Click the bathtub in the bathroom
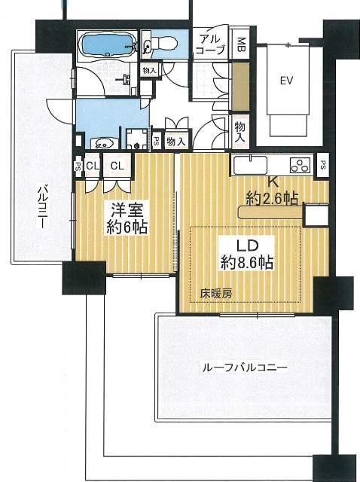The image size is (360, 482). point(107,44)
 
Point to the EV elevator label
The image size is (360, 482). point(286,81)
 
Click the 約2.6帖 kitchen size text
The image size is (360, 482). point(273,197)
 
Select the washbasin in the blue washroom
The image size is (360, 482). point(103,142)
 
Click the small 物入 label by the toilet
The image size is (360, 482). point(149,72)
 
